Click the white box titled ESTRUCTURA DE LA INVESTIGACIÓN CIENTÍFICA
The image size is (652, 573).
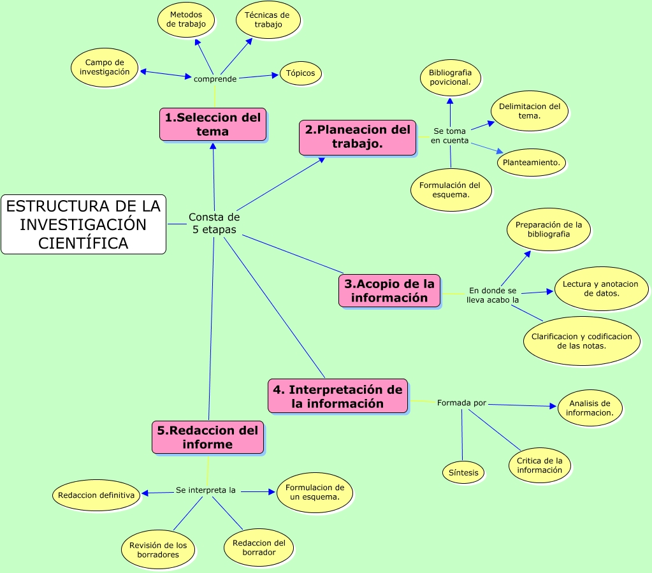tap(83, 224)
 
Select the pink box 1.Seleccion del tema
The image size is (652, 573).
tap(213, 124)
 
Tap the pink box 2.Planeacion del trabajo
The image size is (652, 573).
tap(357, 137)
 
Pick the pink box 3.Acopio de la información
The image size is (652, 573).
tap(389, 291)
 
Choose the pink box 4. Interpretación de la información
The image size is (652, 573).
tap(338, 396)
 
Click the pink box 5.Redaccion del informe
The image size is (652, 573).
tap(208, 437)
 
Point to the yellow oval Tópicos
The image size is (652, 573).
tap(300, 73)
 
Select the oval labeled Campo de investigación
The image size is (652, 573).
tap(105, 68)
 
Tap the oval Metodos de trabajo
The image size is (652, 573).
tap(186, 19)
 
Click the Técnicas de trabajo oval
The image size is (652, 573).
tap(268, 20)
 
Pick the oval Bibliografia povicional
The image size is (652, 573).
tap(450, 78)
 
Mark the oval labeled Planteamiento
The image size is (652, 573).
tap(531, 163)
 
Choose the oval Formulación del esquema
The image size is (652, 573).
tap(451, 190)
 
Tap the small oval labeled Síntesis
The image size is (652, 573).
tap(463, 473)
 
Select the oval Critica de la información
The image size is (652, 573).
tap(539, 465)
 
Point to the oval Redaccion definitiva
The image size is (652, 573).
tap(96, 495)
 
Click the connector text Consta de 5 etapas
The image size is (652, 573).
tap(214, 224)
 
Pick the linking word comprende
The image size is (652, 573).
tap(215, 79)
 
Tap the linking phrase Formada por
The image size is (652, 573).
tap(461, 403)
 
